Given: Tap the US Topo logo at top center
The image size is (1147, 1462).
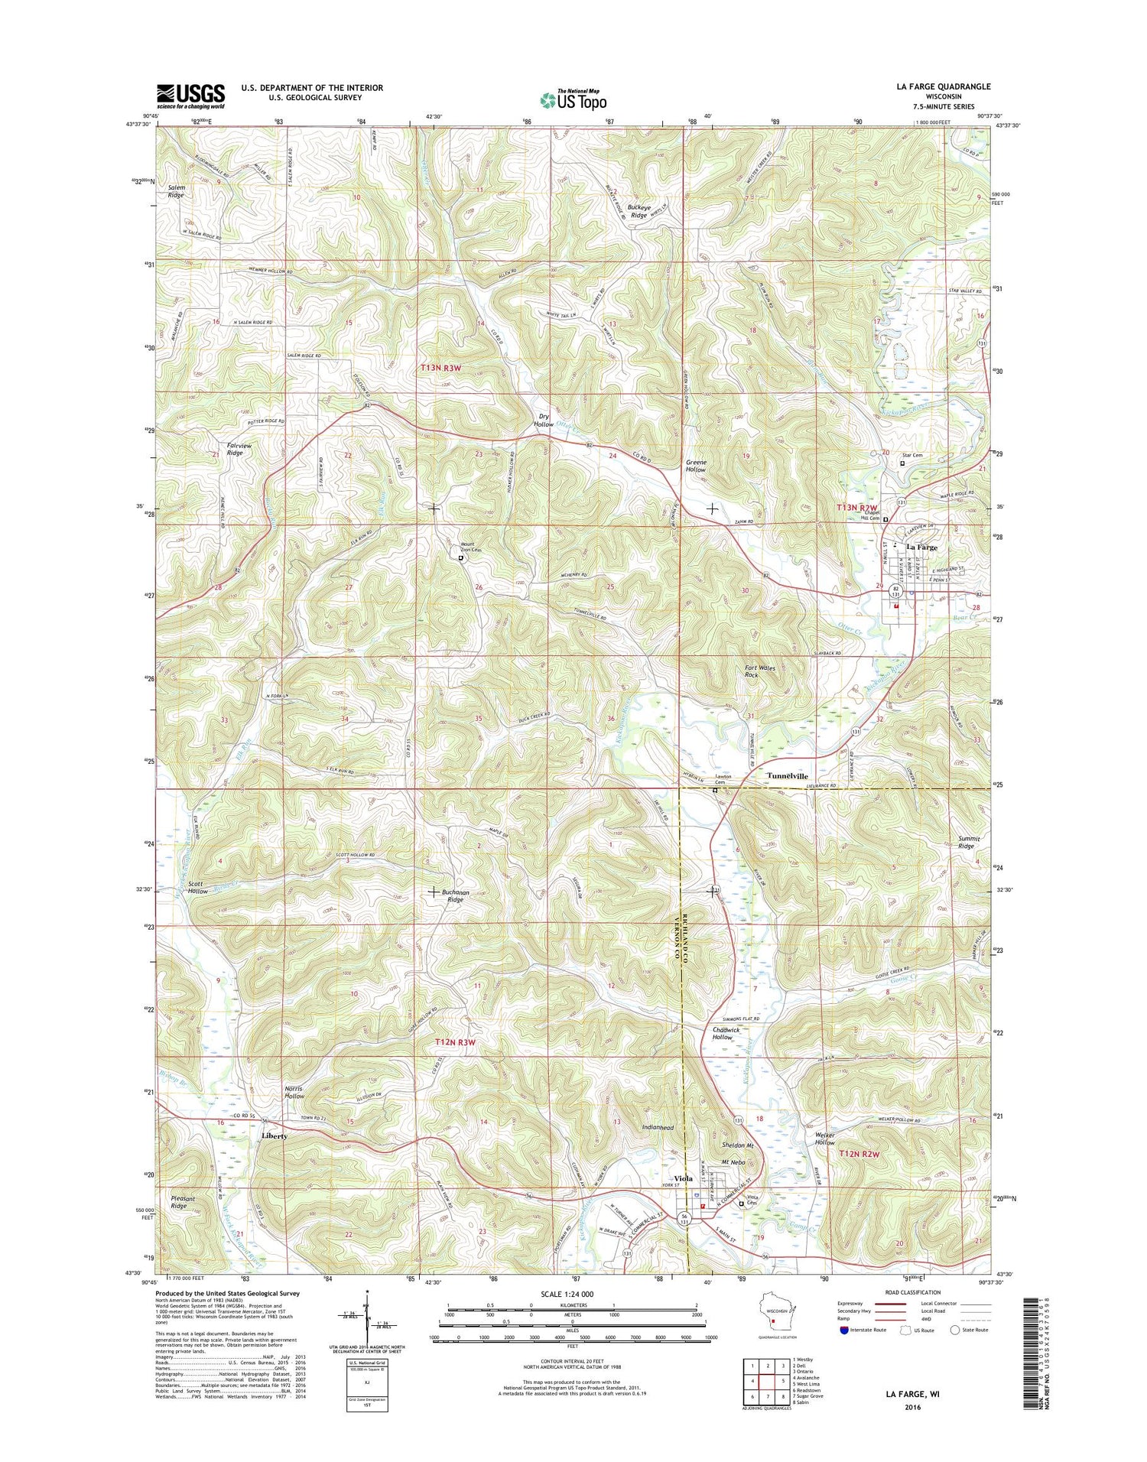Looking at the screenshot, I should pos(573,99).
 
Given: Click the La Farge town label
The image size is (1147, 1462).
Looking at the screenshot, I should pos(921,547).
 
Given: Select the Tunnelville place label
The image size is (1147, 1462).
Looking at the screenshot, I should pos(788,775).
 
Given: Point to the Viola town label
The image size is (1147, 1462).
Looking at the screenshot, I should pos(683,1178).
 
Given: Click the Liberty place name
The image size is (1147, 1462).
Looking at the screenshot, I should pos(275,1135).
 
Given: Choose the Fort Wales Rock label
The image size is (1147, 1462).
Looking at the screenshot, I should pos(759,671).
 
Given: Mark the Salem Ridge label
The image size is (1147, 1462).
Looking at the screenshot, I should pos(177,191).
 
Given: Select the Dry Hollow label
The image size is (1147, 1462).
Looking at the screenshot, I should pos(543,420).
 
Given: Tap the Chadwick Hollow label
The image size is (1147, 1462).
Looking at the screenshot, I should pos(726,1033).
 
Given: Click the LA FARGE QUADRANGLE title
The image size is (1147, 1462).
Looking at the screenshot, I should pos(943,86).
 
